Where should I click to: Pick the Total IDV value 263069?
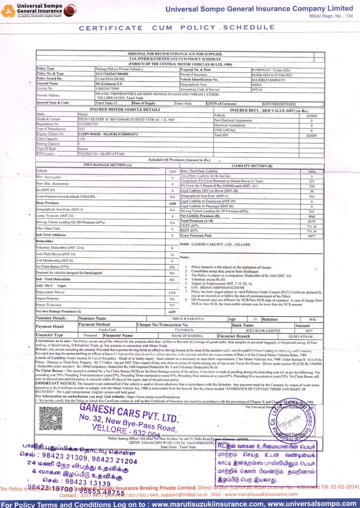(x=311, y=135)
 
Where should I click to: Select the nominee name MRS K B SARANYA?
(x=187, y=318)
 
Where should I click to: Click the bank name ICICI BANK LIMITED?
(x=253, y=330)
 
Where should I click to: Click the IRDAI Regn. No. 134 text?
(x=329, y=16)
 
